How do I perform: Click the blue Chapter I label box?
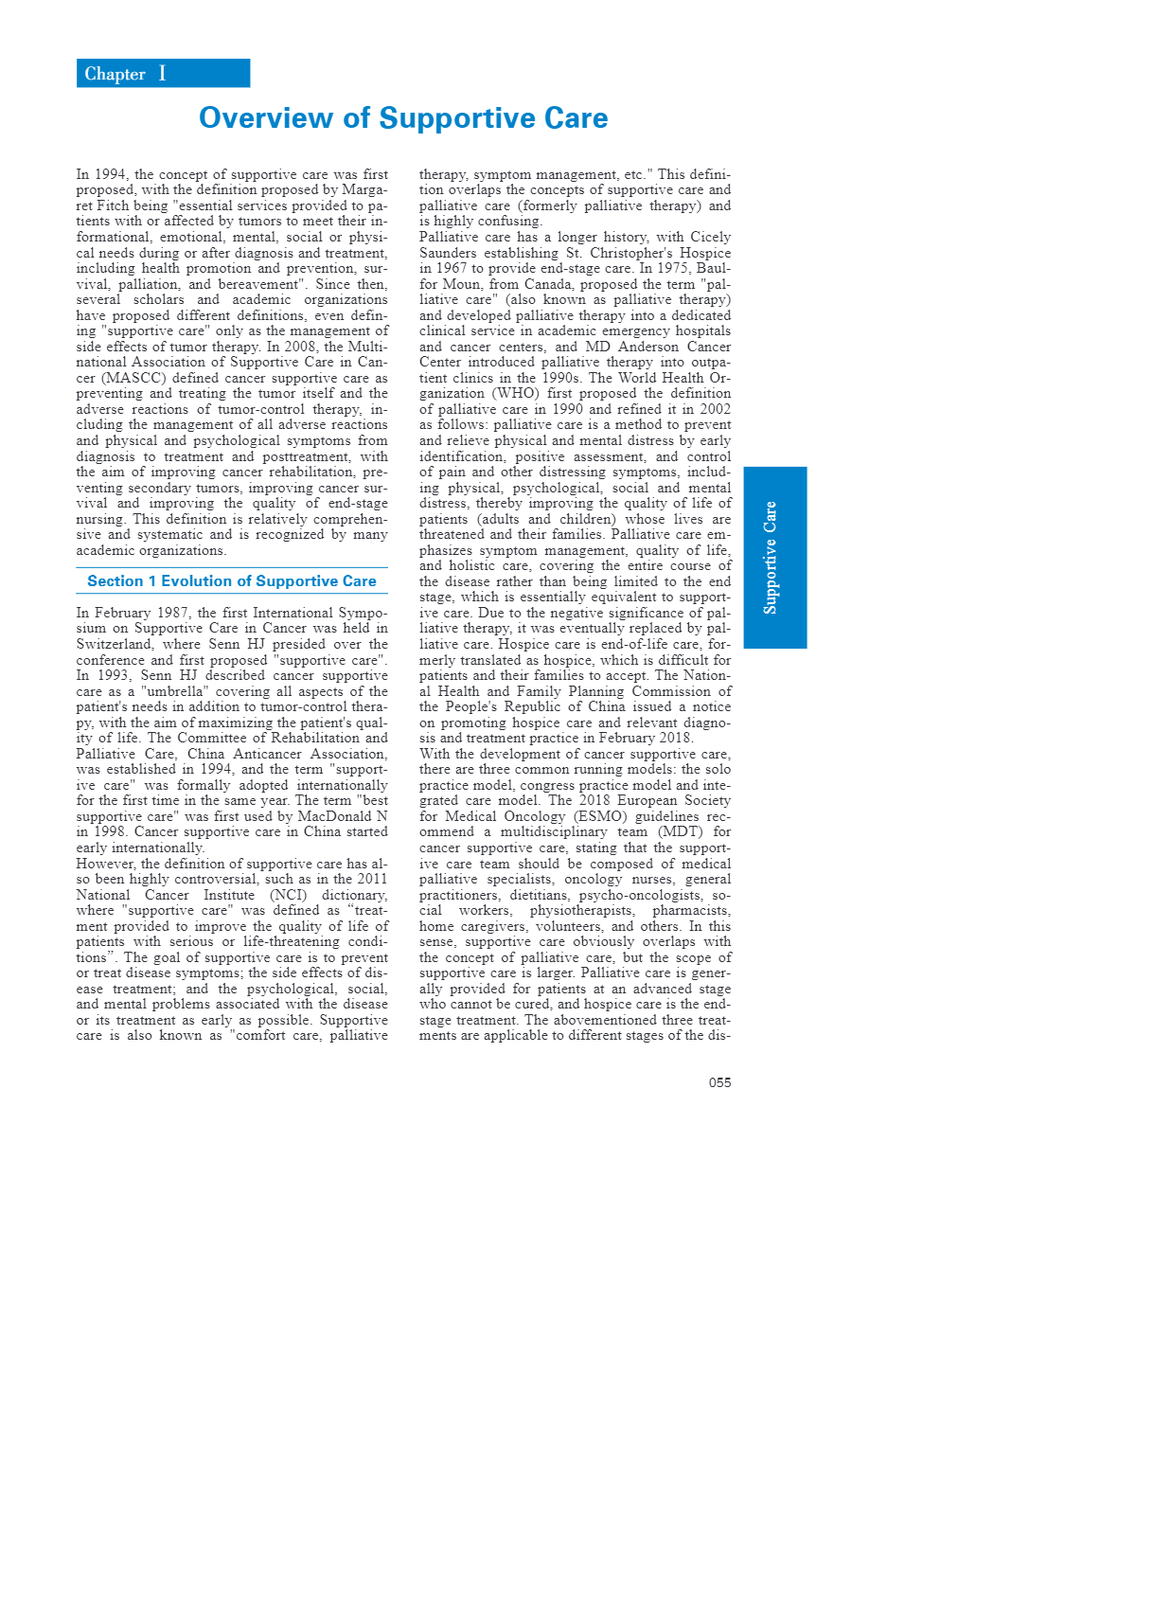pyautogui.click(x=163, y=74)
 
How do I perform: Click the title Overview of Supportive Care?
pyautogui.click(x=403, y=118)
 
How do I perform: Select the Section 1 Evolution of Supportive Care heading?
pyautogui.click(x=232, y=581)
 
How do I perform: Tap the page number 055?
pyautogui.click(x=719, y=1082)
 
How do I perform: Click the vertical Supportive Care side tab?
pyautogui.click(x=774, y=558)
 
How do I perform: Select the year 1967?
pyautogui.click(x=452, y=268)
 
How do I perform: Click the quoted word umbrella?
pyautogui.click(x=175, y=691)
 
